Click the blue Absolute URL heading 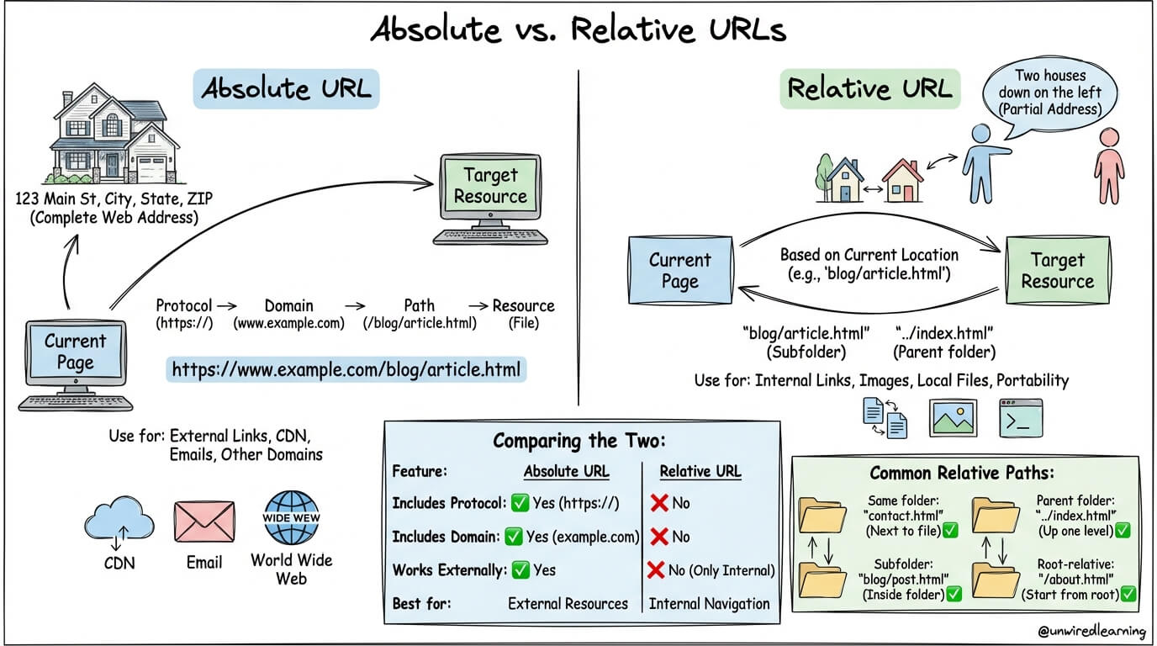pyautogui.click(x=286, y=88)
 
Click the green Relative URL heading pyautogui.click(x=869, y=88)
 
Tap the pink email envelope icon pyautogui.click(x=203, y=522)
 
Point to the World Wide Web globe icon pyautogui.click(x=291, y=518)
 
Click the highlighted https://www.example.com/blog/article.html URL pyautogui.click(x=346, y=368)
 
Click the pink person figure pyautogui.click(x=1110, y=164)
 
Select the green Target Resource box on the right pyautogui.click(x=1057, y=271)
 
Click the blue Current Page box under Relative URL pyautogui.click(x=679, y=271)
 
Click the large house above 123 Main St pyautogui.click(x=114, y=139)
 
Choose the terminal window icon pyautogui.click(x=1020, y=418)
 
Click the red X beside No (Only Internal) pyautogui.click(x=657, y=569)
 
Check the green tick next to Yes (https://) pyautogui.click(x=520, y=503)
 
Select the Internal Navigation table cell pyautogui.click(x=709, y=603)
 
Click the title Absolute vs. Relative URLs pyautogui.click(x=578, y=30)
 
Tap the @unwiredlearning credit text pyautogui.click(x=1091, y=630)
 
